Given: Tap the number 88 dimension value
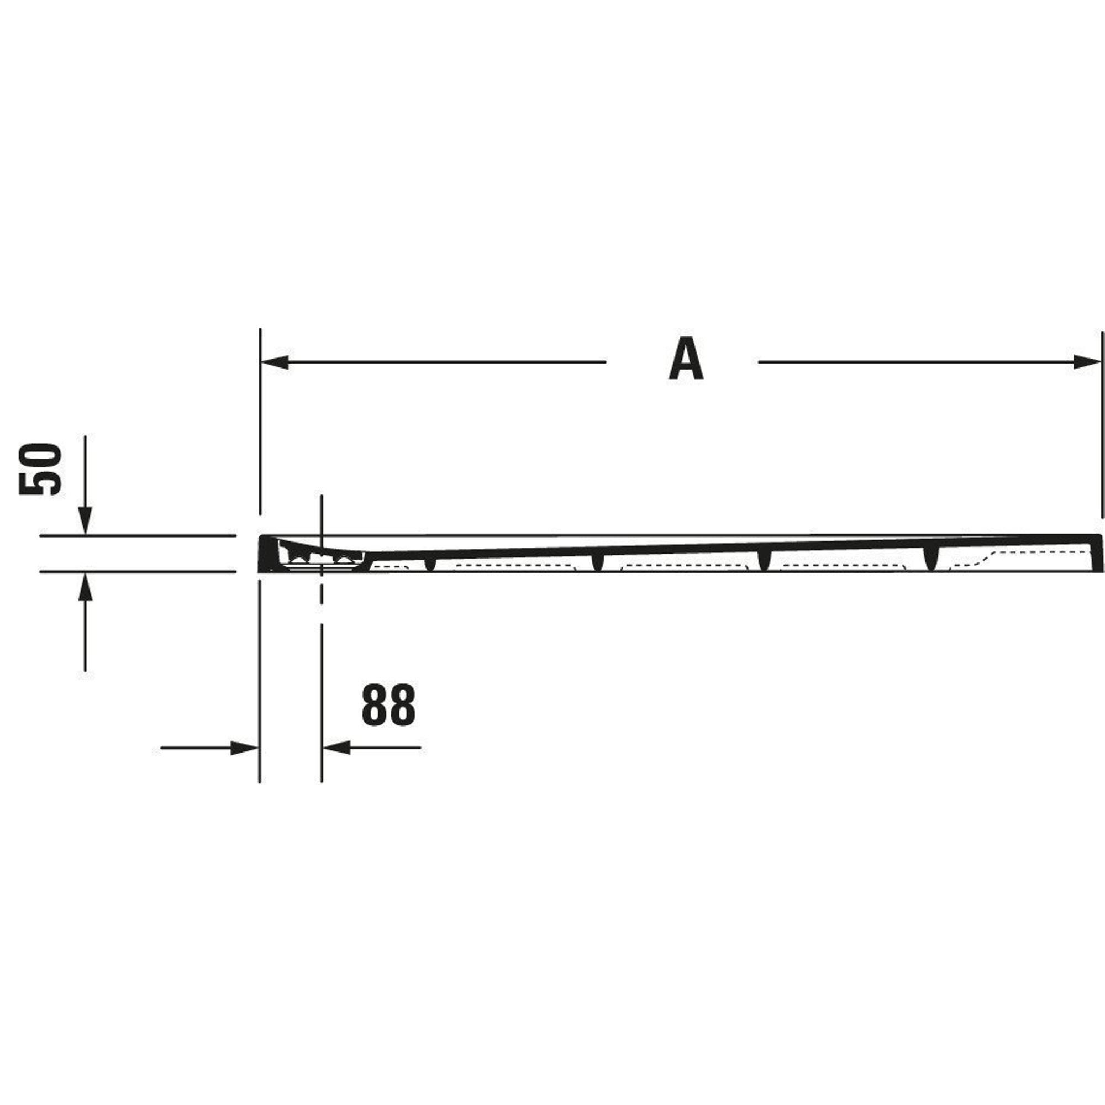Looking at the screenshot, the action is (x=389, y=705).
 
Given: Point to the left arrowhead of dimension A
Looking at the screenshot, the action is (x=275, y=362).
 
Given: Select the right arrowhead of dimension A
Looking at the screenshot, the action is (x=1087, y=362).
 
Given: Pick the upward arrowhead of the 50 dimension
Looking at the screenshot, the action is (x=85, y=586).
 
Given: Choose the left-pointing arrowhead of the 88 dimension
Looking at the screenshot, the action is (x=336, y=748).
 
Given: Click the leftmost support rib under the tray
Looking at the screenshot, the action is (x=430, y=563).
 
